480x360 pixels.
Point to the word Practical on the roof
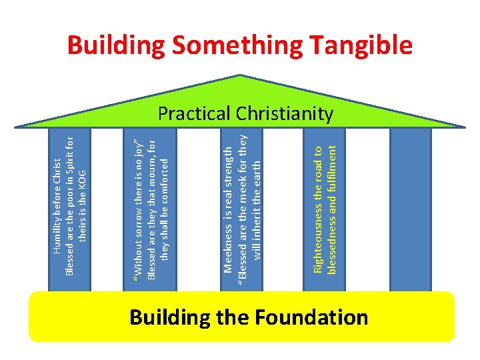coord(194,114)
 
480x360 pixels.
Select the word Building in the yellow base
coord(171,317)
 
